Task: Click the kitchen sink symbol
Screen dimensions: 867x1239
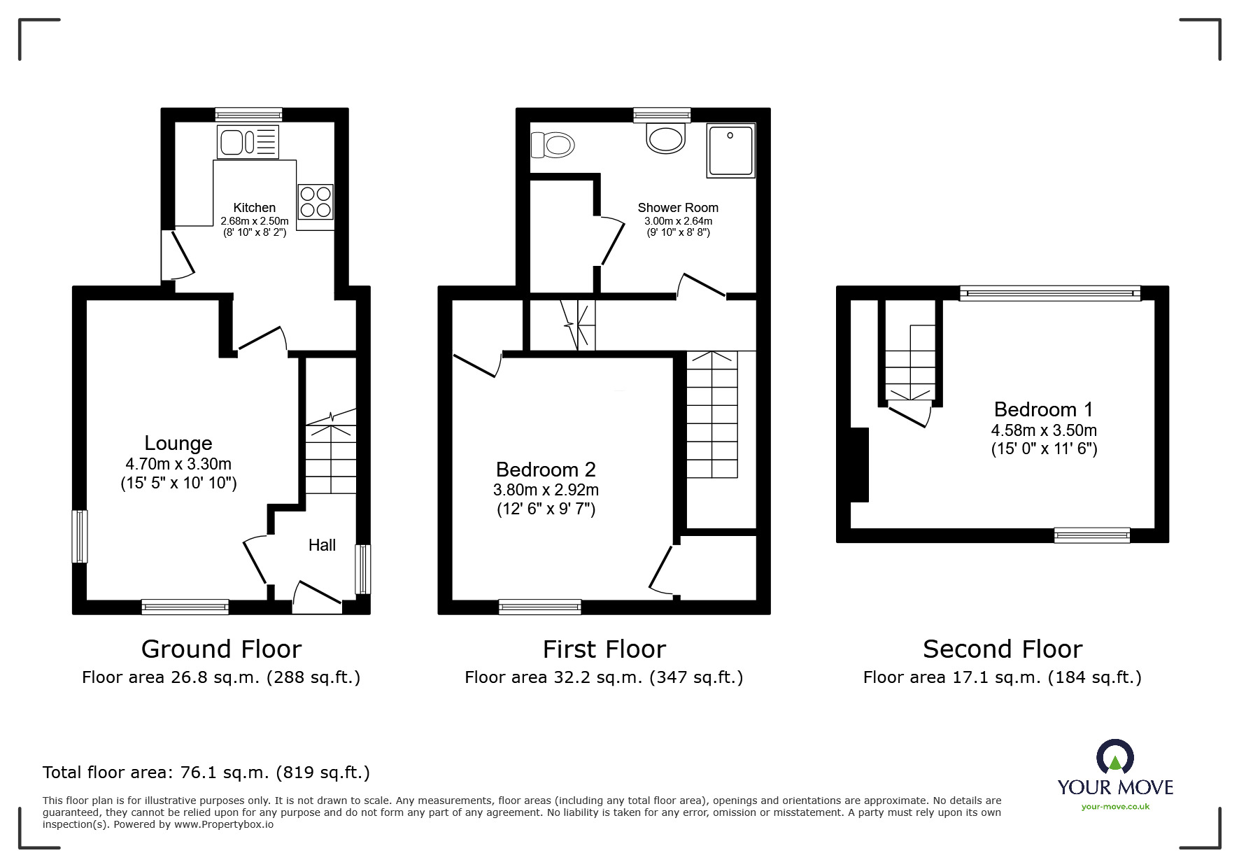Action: tap(248, 142)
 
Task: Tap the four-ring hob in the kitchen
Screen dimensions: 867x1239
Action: tap(315, 202)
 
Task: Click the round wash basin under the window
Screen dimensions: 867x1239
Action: tap(665, 139)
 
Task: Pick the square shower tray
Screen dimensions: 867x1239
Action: tap(731, 150)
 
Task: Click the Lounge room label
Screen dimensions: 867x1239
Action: tap(178, 443)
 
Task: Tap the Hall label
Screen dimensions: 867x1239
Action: tap(322, 545)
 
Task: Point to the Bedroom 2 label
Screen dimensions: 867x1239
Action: tap(546, 470)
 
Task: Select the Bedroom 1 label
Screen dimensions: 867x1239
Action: tap(1043, 409)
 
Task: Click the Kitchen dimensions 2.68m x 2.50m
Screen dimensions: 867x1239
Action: tap(255, 221)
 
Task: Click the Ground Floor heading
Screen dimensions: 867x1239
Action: tap(221, 649)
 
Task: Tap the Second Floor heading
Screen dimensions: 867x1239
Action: tap(1002, 649)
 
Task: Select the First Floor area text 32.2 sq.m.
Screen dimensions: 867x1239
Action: tap(603, 677)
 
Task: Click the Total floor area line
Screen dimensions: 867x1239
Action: tap(206, 773)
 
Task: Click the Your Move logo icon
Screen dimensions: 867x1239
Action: tap(1114, 759)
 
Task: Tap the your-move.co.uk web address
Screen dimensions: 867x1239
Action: tap(1115, 807)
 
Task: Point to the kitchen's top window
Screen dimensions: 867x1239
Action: tap(248, 115)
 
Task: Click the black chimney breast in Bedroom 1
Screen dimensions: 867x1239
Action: tap(859, 465)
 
